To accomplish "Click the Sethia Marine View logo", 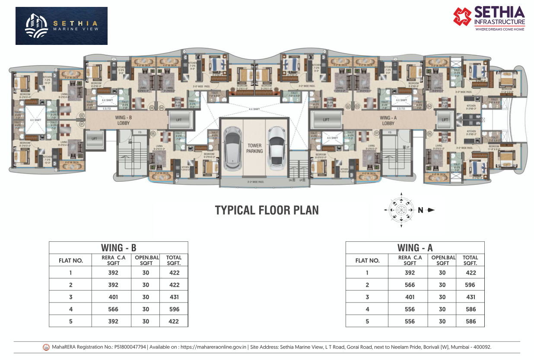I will tap(61, 26).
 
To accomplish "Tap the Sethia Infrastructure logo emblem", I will tap(462, 16).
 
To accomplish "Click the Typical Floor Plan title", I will tap(267, 210).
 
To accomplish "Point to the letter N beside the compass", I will tap(420, 210).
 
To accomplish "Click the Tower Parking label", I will tap(254, 148).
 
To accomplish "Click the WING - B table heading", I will tap(118, 248).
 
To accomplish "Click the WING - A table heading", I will tap(415, 248).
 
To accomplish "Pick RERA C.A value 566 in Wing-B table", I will tap(113, 309).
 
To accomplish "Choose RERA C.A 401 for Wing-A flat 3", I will tap(410, 297).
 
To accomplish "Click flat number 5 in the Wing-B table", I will tap(70, 321).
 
